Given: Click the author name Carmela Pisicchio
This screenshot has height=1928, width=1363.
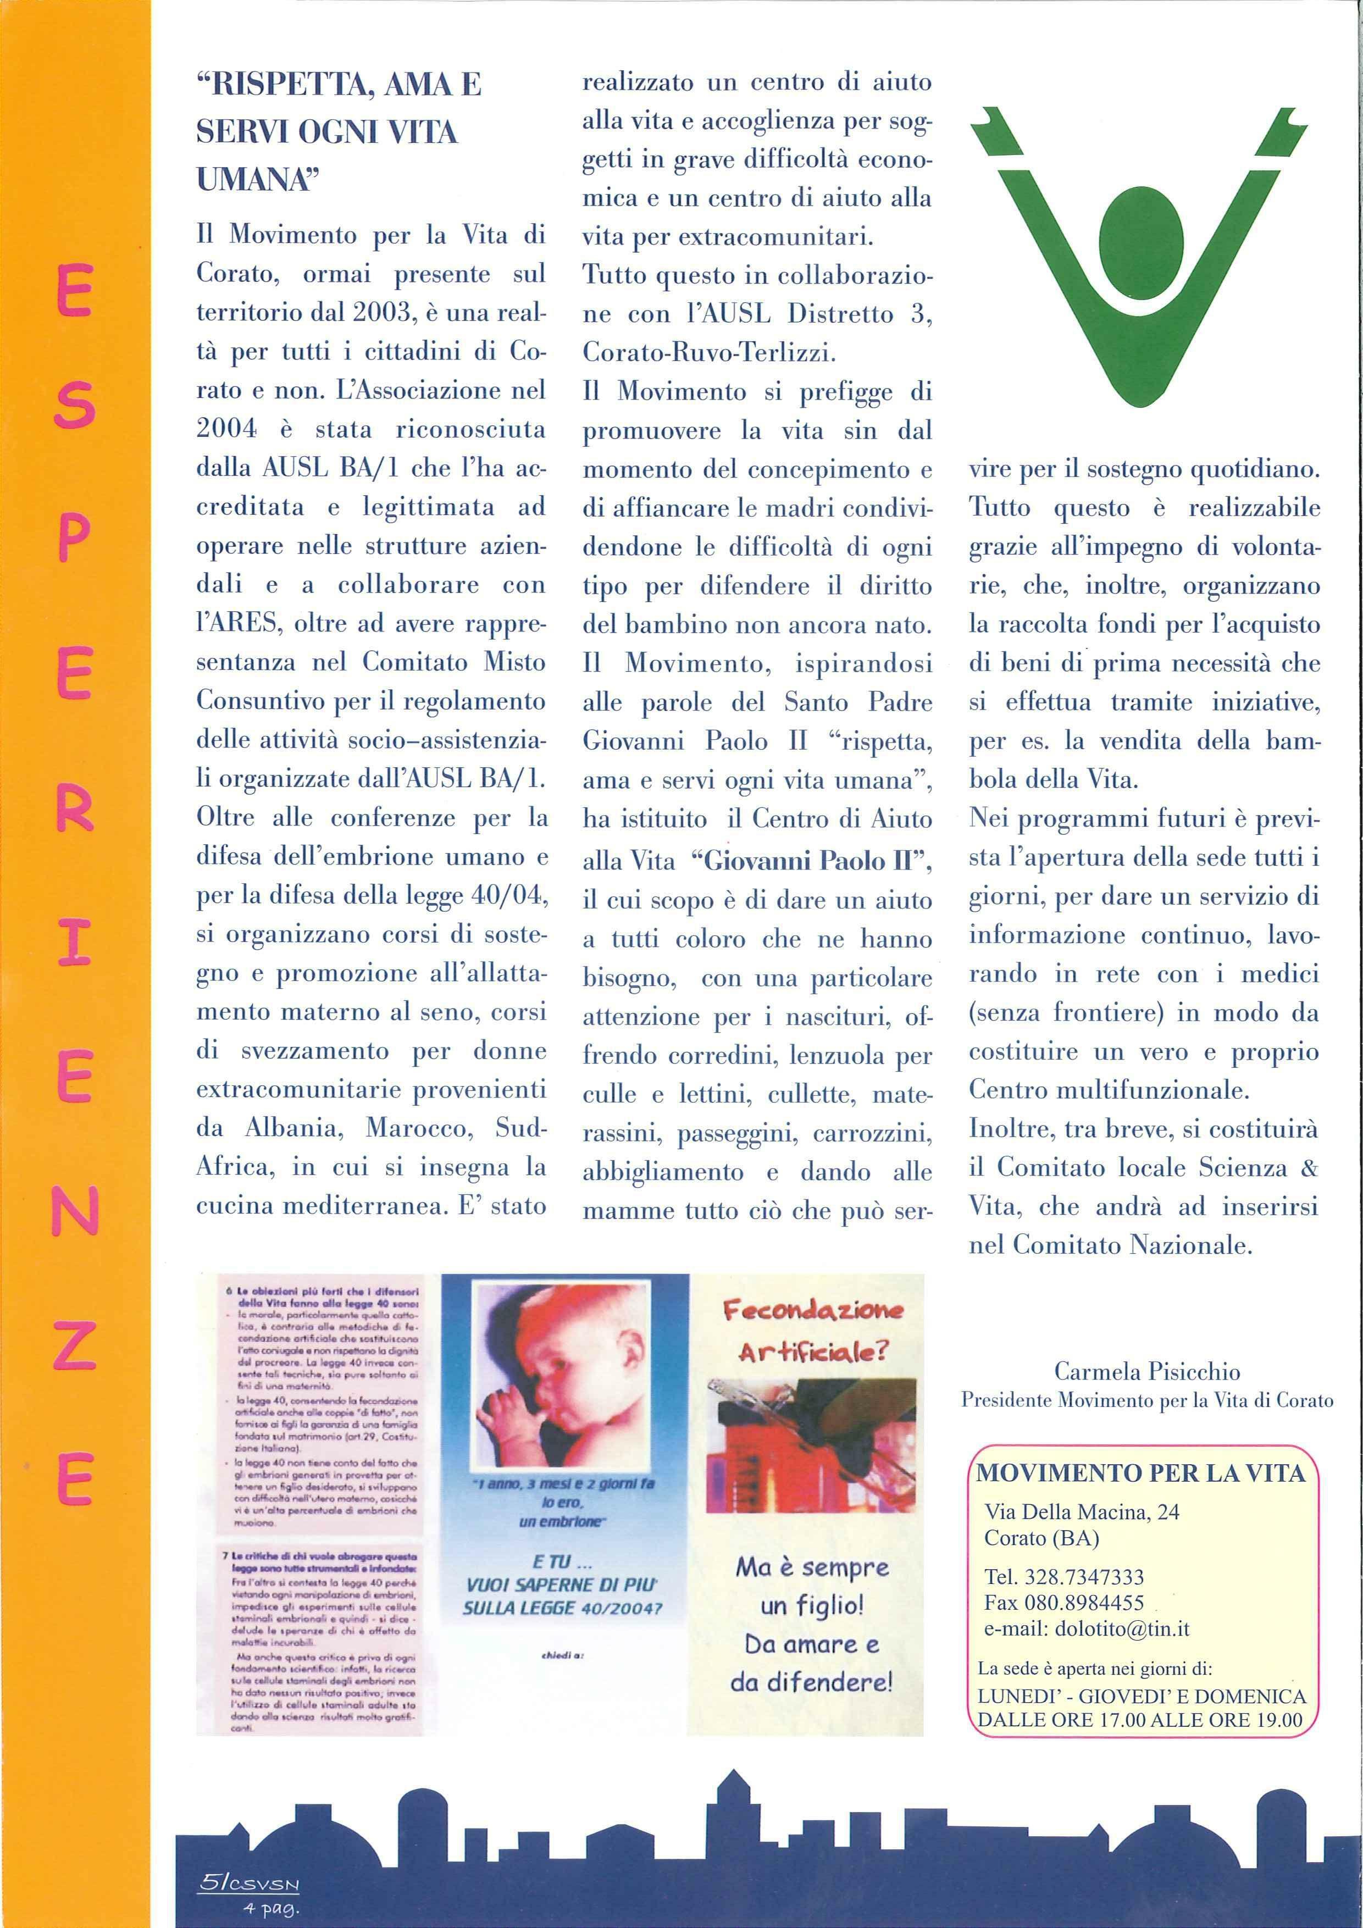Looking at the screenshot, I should tap(1146, 1372).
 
